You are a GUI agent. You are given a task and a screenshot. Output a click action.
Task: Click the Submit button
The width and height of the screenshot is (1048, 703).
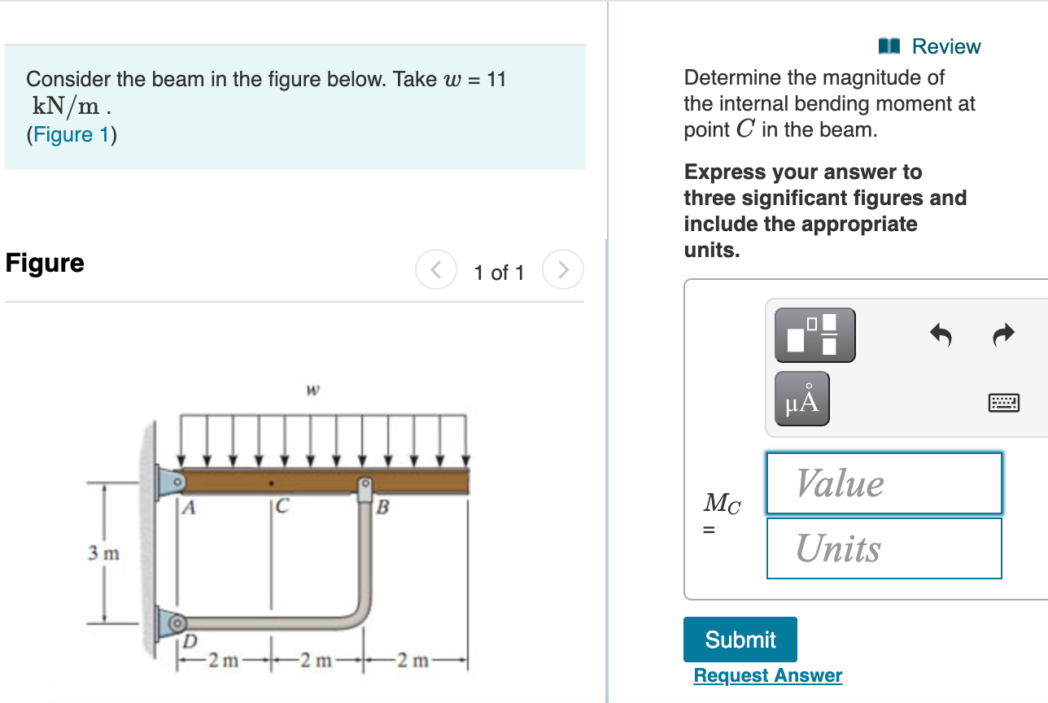(x=740, y=640)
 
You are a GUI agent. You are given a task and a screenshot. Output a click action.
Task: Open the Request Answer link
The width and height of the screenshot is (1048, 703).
(x=767, y=675)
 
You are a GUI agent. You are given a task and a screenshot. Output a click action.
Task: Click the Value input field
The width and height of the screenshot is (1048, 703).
(x=884, y=483)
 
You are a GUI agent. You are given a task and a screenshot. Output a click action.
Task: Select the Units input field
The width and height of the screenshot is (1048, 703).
(x=884, y=548)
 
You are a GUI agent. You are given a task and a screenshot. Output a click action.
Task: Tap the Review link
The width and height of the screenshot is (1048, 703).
(x=931, y=46)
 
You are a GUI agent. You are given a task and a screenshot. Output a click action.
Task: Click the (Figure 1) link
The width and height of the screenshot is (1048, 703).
(x=72, y=134)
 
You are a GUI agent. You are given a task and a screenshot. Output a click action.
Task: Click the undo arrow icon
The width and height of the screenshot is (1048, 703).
(x=941, y=334)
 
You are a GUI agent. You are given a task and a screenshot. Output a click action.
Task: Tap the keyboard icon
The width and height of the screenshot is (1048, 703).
(x=1004, y=402)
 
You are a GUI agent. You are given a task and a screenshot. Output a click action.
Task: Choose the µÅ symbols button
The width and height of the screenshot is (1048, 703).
(x=801, y=399)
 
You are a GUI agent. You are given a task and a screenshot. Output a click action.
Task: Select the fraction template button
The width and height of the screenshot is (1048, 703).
(x=814, y=334)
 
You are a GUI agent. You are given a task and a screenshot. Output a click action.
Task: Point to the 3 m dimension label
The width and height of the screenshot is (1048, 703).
(x=103, y=554)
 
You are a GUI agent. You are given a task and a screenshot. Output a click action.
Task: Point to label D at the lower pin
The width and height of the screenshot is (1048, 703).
(x=189, y=642)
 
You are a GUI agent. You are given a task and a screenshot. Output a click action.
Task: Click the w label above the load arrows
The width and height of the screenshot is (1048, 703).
(x=312, y=391)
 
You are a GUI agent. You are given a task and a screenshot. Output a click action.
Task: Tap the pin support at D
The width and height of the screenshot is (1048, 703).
(x=175, y=624)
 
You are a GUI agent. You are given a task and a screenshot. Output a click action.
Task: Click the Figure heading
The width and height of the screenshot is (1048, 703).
(x=45, y=263)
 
